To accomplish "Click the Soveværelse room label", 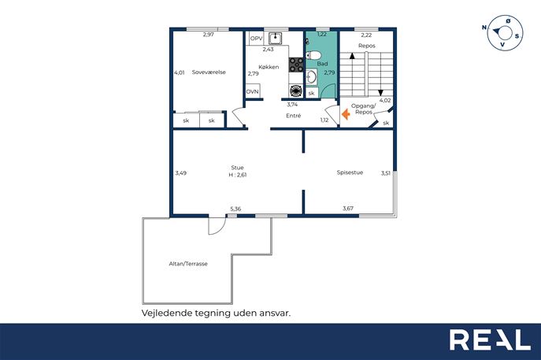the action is click(x=209, y=72).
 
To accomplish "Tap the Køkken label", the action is click(x=269, y=67).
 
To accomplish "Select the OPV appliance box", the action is click(x=257, y=39).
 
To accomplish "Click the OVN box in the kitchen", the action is click(x=252, y=92).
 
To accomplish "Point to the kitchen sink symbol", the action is click(x=275, y=38).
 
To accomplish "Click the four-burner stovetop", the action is click(x=296, y=65).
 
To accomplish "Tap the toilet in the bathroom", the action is click(x=313, y=55).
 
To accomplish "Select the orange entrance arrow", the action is click(x=346, y=114).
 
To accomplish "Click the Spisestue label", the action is click(x=350, y=173).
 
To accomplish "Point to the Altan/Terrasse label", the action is click(x=188, y=264).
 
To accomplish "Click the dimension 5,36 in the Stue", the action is click(x=235, y=209).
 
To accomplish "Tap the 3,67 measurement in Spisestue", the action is click(x=348, y=208).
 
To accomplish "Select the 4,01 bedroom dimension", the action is click(x=180, y=72).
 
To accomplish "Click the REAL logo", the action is click(x=490, y=340).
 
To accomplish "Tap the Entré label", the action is click(x=293, y=116).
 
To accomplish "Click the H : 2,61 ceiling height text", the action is click(x=237, y=175).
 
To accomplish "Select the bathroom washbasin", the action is click(x=312, y=77).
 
